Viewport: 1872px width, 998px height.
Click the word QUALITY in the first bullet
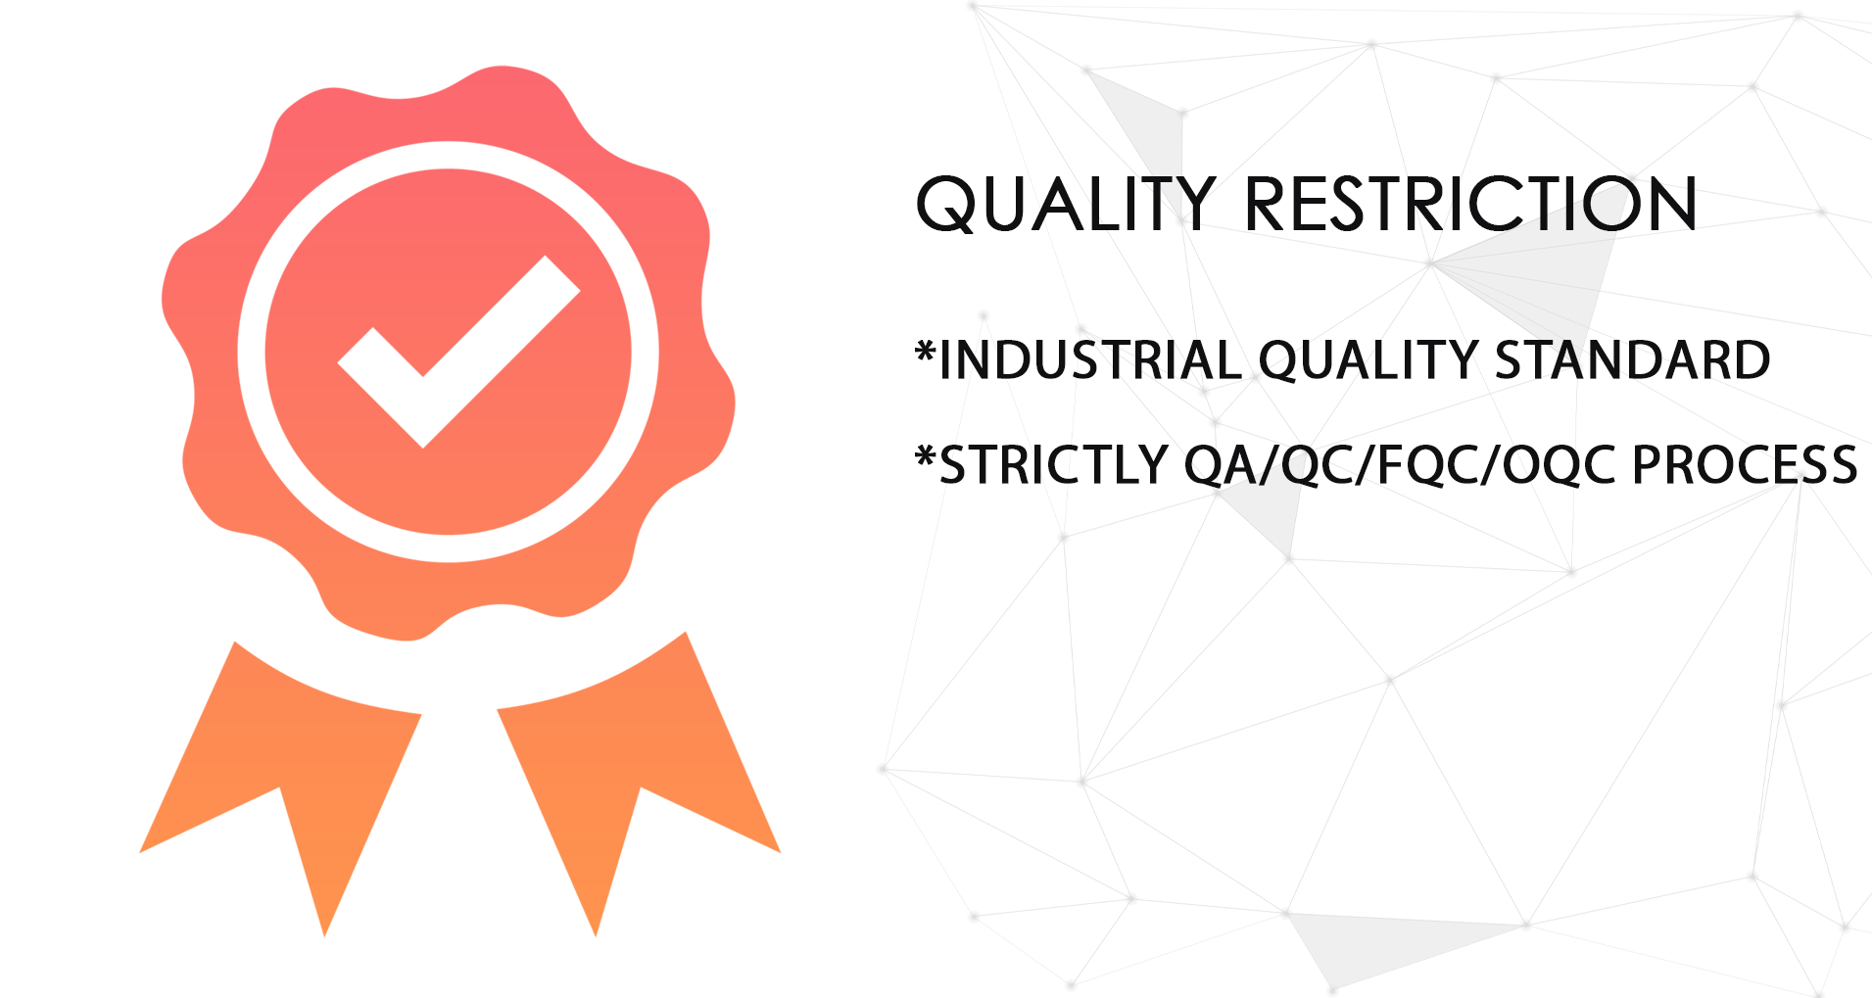point(1368,359)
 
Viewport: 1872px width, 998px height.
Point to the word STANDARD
point(1632,359)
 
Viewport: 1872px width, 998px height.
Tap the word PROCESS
point(1744,464)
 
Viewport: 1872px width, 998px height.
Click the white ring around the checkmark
point(252,353)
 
